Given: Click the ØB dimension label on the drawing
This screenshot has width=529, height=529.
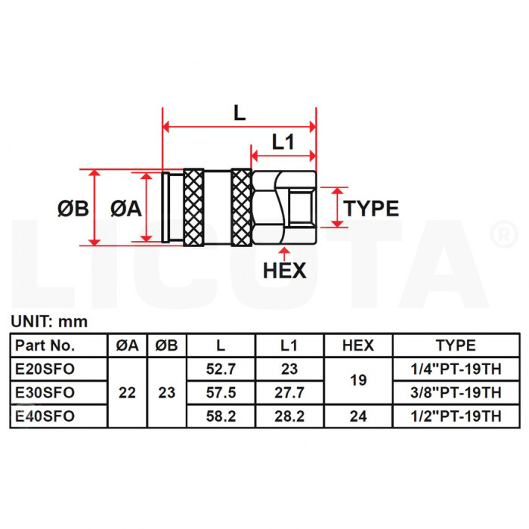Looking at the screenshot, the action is (73, 208).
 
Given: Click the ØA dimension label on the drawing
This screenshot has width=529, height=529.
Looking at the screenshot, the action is (126, 208).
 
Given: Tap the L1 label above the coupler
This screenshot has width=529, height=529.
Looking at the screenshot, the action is (283, 142).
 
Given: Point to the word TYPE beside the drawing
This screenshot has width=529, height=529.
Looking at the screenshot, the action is (371, 208).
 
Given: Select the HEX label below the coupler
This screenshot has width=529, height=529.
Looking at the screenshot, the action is (285, 271).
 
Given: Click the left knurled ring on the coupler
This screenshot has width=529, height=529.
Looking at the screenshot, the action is (193, 208).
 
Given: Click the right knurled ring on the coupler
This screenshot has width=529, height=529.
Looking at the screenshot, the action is (242, 208).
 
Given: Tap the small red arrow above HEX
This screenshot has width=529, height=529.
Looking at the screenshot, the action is (285, 254).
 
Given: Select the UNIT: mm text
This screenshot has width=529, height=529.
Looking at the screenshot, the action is (49, 321).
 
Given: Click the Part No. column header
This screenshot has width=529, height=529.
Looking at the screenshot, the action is (45, 345).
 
